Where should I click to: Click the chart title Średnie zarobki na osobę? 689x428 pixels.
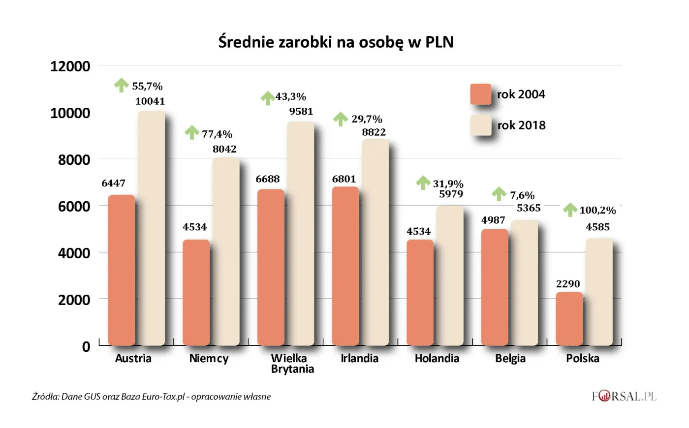(336, 42)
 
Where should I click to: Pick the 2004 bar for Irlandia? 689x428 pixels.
(345, 266)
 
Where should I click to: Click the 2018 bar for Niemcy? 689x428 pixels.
(226, 251)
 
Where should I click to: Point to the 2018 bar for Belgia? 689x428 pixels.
(524, 282)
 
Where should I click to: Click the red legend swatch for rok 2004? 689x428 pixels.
(480, 94)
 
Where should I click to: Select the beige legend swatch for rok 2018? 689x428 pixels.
(480, 125)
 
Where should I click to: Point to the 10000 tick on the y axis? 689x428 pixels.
(70, 113)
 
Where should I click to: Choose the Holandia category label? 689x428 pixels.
(437, 359)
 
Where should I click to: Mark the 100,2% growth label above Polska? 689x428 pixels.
(597, 211)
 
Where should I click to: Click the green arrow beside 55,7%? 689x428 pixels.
(121, 85)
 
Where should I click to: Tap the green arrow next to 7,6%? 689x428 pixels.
(499, 194)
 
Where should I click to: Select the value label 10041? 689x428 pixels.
(150, 101)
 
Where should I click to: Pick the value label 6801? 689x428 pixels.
(344, 179)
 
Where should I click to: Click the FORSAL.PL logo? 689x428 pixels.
(624, 396)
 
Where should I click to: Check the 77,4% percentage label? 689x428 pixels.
(217, 134)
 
